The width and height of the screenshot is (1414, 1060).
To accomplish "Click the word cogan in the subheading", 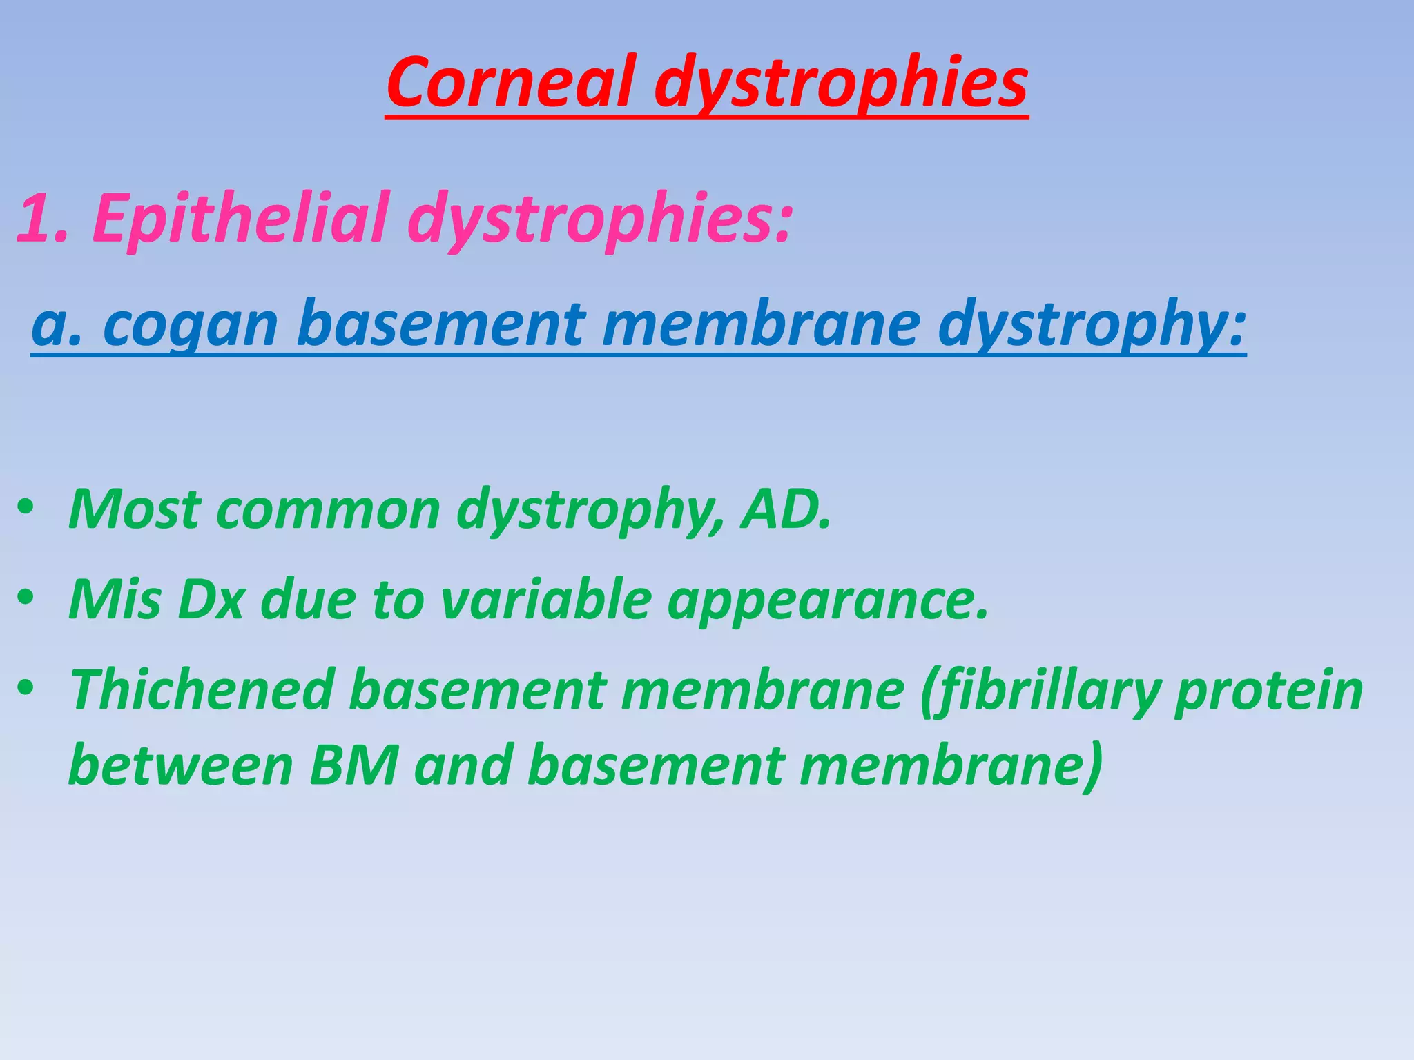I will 191,324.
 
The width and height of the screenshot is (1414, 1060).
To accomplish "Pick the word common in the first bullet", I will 328,509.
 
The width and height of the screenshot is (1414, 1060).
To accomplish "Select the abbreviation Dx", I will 211,599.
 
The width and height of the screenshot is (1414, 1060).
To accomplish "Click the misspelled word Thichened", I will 201,689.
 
